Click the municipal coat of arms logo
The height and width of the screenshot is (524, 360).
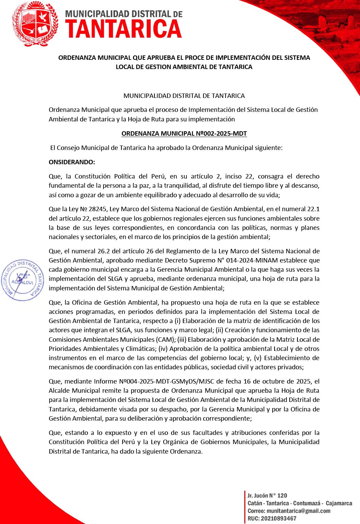[35, 24]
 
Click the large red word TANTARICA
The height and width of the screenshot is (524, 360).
[124, 29]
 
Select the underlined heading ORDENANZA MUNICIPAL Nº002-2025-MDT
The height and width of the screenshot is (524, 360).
[184, 134]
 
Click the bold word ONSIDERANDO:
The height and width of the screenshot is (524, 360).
[72, 162]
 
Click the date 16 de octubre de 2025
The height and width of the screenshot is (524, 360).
[277, 382]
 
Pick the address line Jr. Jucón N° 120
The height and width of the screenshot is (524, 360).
[267, 496]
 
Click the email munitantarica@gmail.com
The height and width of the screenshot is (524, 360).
[298, 511]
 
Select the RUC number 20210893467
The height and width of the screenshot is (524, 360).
[279, 519]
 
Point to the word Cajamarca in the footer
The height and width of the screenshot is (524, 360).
[339, 503]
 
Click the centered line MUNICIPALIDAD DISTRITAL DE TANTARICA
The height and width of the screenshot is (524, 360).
[184, 96]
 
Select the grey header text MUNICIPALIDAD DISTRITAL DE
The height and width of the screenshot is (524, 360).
[124, 14]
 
